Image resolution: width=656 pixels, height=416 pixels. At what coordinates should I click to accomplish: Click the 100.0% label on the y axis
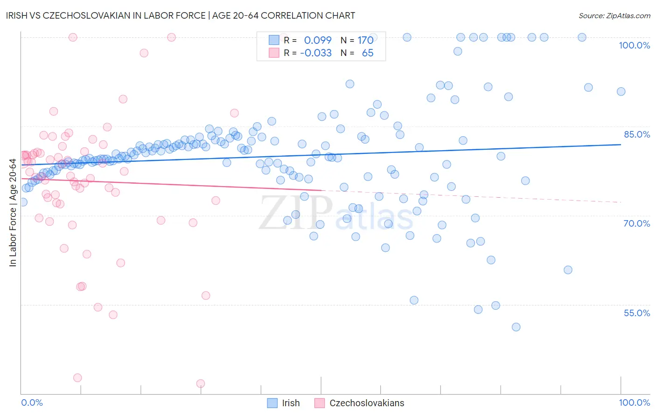click(634, 45)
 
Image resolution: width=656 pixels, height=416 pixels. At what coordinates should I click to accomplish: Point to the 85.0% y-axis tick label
click(637, 134)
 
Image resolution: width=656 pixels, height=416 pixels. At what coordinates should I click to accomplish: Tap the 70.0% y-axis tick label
click(637, 223)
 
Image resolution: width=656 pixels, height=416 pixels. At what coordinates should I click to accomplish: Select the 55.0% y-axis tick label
click(637, 313)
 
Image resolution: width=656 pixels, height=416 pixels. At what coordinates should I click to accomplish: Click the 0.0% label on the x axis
click(32, 402)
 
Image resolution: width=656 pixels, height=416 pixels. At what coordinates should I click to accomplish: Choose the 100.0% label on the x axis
click(634, 402)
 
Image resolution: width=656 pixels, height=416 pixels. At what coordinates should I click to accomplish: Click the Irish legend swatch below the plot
click(272, 403)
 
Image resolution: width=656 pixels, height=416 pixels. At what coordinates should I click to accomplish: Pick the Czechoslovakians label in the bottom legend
click(367, 403)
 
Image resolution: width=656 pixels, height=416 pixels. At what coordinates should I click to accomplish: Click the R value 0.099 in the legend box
click(318, 40)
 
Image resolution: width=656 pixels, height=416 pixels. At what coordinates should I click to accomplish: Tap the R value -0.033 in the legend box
click(316, 53)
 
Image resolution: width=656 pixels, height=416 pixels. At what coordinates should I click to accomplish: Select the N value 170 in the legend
click(365, 40)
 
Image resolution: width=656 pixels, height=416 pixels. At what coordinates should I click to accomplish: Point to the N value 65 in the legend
click(368, 53)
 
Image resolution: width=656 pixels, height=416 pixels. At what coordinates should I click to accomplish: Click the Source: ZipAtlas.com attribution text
click(614, 15)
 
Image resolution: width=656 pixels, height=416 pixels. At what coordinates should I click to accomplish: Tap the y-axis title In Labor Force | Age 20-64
click(13, 213)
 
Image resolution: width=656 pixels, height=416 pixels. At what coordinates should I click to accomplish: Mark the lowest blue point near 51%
click(516, 327)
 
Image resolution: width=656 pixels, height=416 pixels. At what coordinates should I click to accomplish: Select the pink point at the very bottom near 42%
click(201, 383)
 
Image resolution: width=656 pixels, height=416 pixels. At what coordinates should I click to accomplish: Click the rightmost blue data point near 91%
click(621, 91)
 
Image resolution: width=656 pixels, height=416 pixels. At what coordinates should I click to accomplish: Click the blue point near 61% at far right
click(568, 270)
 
